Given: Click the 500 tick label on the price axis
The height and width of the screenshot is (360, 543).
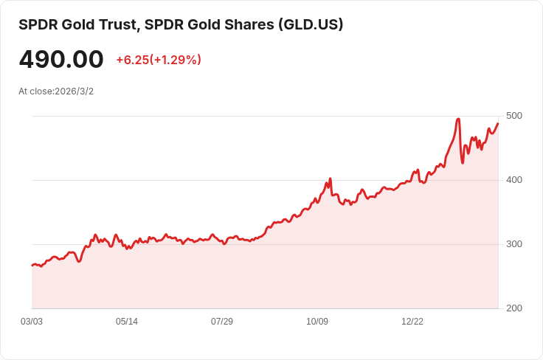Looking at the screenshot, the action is [x=514, y=116].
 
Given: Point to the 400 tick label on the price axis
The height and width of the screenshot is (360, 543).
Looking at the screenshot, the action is [x=514, y=180].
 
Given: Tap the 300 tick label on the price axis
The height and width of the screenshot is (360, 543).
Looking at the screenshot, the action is [x=514, y=244].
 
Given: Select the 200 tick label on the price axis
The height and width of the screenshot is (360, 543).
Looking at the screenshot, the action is [x=514, y=308].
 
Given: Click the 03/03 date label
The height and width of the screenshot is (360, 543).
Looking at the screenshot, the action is [x=32, y=322].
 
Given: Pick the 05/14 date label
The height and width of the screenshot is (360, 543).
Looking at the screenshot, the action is [x=127, y=322].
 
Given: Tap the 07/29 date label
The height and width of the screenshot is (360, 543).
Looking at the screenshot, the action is [x=222, y=322].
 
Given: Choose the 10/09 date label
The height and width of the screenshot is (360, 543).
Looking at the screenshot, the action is [x=317, y=322].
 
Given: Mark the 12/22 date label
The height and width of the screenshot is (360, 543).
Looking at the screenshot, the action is [x=412, y=322].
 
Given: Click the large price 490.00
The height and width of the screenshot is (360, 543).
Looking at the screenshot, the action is [x=61, y=59].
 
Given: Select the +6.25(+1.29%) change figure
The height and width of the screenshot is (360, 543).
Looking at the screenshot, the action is [x=159, y=60].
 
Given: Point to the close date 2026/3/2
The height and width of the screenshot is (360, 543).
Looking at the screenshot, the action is [x=74, y=91].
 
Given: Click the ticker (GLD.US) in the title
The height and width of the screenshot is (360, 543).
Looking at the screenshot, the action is [x=311, y=24].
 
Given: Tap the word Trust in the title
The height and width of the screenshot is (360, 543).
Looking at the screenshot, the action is [x=120, y=25].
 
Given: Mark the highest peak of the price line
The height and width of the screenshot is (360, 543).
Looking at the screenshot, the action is [x=458, y=119].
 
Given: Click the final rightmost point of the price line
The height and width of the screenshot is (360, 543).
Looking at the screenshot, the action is [x=498, y=123].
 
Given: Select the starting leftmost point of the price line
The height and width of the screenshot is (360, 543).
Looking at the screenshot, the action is [x=32, y=266].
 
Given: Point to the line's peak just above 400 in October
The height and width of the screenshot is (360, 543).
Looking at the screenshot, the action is [x=331, y=179].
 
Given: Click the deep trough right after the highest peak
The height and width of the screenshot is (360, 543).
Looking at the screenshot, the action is [x=463, y=163].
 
